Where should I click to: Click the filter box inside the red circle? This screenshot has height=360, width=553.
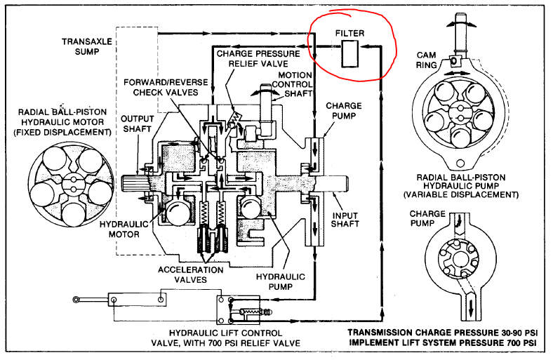point(349,54)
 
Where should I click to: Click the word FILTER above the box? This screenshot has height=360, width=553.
point(349,32)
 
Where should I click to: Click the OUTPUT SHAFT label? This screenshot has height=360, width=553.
point(138,124)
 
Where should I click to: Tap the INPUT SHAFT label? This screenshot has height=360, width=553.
point(345,219)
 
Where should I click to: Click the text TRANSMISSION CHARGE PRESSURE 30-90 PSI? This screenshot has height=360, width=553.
point(442,331)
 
